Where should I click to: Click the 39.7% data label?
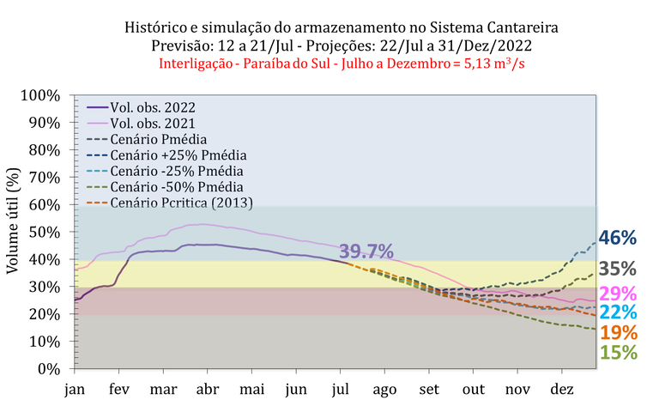[366, 251]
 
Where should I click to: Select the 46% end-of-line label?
[618, 238]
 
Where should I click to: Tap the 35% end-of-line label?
[618, 269]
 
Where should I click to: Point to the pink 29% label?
[618, 294]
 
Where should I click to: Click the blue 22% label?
[618, 312]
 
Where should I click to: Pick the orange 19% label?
[618, 332]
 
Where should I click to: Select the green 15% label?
[618, 352]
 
